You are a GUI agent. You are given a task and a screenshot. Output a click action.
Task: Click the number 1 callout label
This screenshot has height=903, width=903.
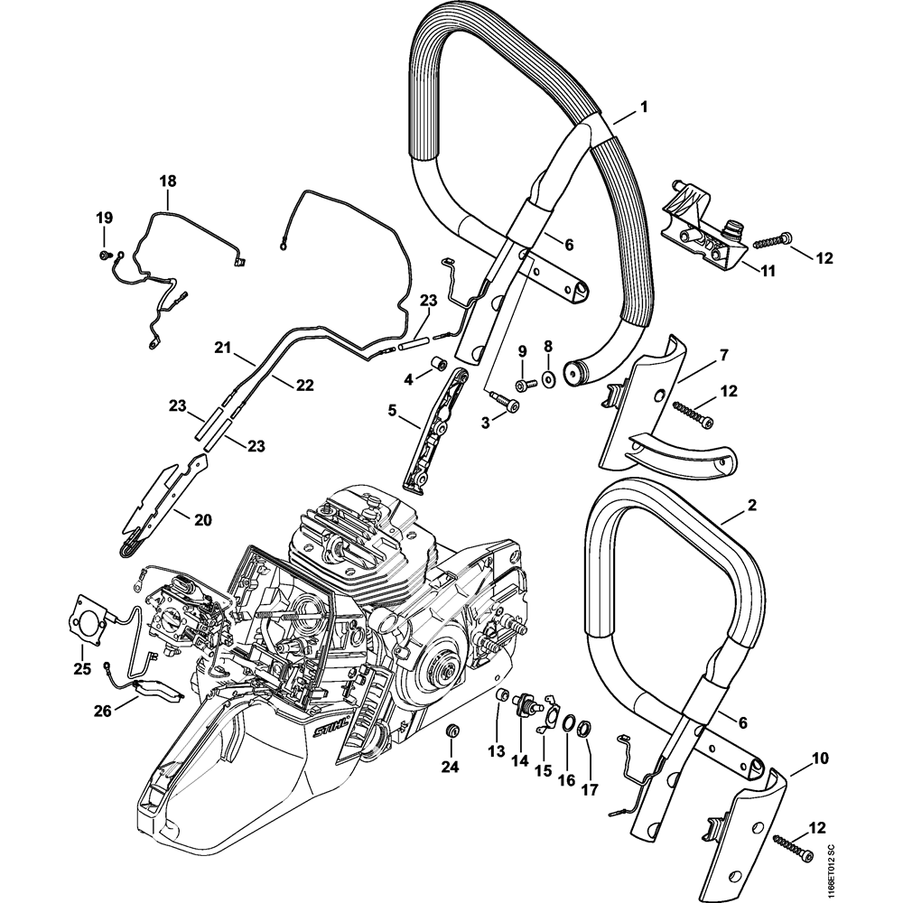click(644, 107)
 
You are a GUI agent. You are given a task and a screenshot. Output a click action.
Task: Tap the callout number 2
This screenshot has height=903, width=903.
click(752, 507)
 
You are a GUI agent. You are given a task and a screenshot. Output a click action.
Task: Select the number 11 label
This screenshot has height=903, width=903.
click(768, 270)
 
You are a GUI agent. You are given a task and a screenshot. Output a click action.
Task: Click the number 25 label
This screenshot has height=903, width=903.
click(82, 669)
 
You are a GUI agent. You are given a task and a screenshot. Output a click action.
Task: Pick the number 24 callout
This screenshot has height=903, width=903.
click(450, 768)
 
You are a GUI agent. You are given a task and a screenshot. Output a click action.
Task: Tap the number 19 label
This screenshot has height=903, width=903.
click(104, 217)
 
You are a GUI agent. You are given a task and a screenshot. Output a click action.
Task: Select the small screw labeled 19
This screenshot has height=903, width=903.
click(106, 256)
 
